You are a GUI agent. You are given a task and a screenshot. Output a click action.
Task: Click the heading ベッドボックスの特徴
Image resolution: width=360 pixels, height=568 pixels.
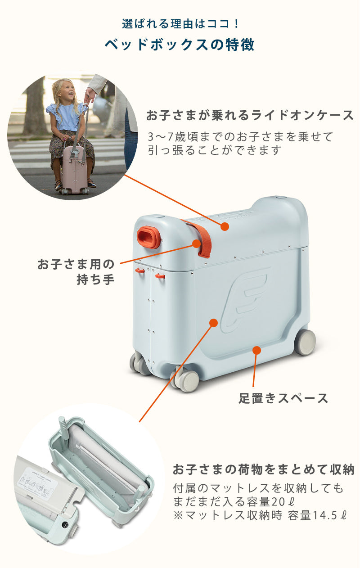180,45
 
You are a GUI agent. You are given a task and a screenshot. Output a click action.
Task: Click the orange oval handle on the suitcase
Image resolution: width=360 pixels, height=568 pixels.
148,238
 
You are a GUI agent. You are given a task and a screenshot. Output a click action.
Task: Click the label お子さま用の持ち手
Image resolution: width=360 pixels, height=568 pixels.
76,272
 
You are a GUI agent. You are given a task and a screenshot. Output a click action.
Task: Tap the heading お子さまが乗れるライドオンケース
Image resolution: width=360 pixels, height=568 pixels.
250,115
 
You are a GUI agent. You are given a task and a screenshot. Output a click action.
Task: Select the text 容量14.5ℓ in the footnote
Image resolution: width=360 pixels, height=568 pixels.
317,515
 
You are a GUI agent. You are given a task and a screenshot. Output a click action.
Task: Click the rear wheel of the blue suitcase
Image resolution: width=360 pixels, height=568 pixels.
305,342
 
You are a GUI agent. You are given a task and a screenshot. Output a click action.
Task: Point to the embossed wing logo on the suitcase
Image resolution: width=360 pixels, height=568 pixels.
245,299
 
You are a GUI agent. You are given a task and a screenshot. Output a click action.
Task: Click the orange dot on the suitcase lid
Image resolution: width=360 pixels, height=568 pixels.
225,226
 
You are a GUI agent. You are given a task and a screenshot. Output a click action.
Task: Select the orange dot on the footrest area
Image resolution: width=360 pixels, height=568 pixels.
257,351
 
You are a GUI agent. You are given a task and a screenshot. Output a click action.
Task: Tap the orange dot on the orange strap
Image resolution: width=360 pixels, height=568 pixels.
196,243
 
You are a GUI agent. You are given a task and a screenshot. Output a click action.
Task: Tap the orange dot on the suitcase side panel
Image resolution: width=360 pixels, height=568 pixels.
213,323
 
